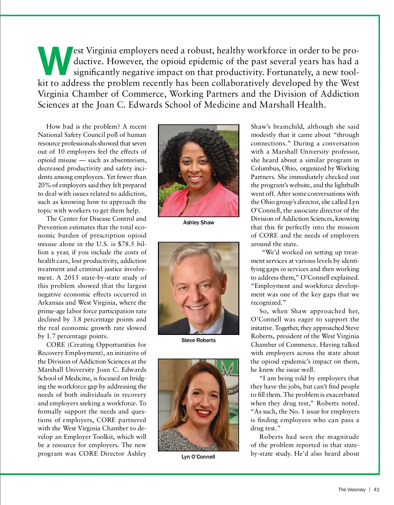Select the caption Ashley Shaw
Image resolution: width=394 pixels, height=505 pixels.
tap(198, 223)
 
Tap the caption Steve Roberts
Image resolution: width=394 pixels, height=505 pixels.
tap(198, 341)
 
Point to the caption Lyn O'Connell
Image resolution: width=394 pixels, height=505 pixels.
tap(198, 457)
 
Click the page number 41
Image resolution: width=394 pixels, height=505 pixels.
tap(377, 490)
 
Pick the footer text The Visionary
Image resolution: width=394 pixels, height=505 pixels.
tap(352, 490)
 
